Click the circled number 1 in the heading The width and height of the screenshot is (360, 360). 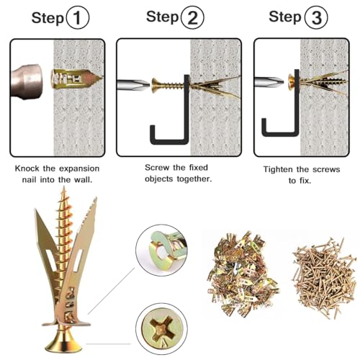78,18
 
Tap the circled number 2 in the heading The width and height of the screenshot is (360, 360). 192,17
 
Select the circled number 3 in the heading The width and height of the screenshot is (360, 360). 316,17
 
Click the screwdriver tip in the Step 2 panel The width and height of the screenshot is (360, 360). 133,84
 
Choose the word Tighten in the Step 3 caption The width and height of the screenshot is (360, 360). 278,169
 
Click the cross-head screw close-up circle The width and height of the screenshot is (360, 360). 161,328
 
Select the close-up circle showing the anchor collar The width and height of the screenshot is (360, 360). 161,251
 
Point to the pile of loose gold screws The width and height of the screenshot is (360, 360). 324,278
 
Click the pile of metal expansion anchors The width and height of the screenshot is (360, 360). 243,274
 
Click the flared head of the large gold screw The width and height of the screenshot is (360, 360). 64,341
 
